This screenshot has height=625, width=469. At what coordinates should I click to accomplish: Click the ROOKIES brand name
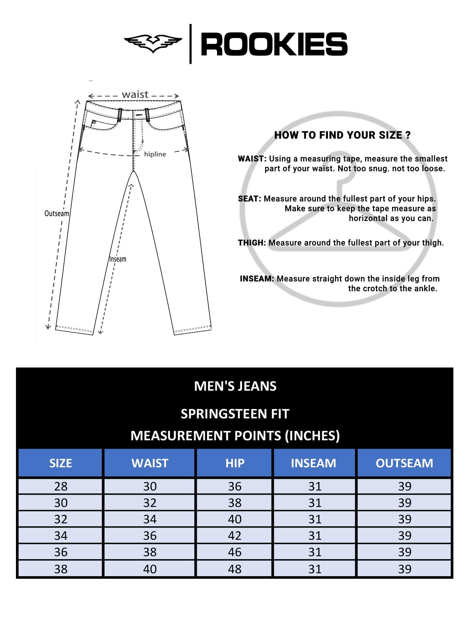[274, 44]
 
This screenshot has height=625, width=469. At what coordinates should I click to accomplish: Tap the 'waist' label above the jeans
[135, 94]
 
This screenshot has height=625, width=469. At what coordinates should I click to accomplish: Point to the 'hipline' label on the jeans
[155, 154]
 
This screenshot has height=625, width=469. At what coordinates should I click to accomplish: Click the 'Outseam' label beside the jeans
[57, 213]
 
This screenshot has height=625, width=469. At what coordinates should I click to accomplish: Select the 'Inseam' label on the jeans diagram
[118, 259]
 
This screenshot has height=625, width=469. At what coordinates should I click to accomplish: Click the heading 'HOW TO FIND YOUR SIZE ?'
[342, 135]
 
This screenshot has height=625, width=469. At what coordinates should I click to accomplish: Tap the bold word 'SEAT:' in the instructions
[249, 199]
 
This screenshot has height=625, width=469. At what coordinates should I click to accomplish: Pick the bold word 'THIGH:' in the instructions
[252, 243]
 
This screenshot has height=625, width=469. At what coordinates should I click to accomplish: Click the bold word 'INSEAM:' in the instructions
[257, 279]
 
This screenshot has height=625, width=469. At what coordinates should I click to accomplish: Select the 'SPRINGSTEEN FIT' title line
[235, 414]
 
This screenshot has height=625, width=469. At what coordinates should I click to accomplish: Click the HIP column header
[235, 463]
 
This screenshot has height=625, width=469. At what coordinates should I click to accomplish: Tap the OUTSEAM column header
[404, 463]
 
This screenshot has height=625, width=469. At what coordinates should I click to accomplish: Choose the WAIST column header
[150, 463]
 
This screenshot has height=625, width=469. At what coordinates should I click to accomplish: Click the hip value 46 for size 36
[235, 552]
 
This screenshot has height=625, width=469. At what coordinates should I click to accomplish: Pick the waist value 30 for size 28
[150, 486]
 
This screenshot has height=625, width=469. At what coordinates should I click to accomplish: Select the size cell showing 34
[61, 536]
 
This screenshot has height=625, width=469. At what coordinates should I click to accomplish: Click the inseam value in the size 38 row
[315, 569]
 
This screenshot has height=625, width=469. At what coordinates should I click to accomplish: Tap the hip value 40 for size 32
[235, 519]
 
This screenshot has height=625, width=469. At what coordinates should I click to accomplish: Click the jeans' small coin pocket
[93, 124]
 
